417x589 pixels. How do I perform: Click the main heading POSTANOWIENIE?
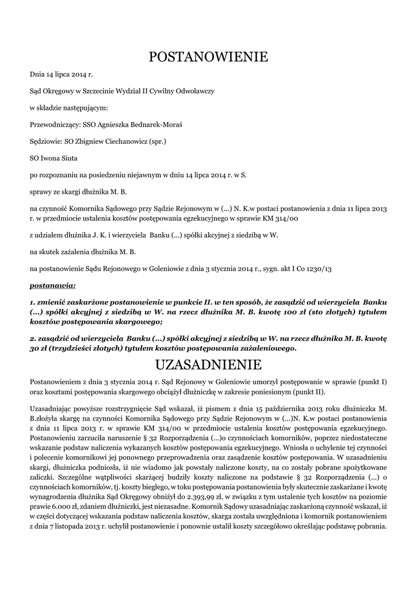tap(208, 56)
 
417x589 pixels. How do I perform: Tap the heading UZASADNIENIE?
tap(208, 365)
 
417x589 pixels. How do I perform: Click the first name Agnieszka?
tap(118, 124)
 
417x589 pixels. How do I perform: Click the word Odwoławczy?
tap(195, 91)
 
